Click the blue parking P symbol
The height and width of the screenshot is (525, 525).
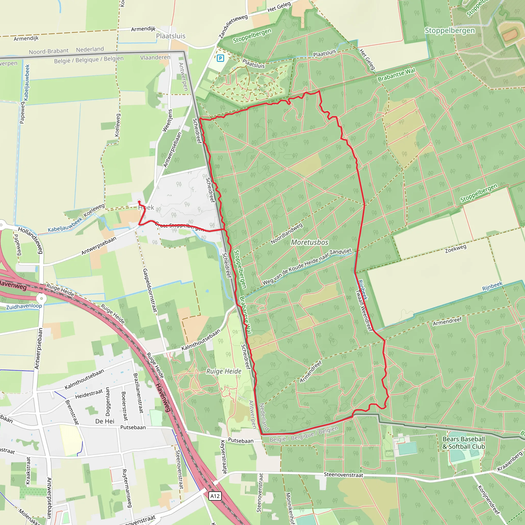pos(220,58)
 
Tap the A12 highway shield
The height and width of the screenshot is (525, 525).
pos(215,496)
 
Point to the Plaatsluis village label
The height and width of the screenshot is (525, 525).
pos(171,36)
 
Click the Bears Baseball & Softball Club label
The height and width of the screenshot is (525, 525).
pos(463,443)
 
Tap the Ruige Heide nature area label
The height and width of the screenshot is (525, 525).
pos(224,371)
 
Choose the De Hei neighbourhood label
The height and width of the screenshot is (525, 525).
pos(105,421)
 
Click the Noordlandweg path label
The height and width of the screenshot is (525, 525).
pos(286,234)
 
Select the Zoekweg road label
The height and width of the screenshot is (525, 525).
pos(456,248)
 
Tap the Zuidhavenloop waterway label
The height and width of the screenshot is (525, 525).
pos(24,306)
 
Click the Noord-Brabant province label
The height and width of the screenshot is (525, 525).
pos(49,51)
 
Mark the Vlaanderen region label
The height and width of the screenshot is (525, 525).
pos(155,57)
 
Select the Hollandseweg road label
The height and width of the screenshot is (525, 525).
pos(31,240)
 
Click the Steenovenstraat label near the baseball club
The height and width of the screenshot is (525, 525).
pos(344,475)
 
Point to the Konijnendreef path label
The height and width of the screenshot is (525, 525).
pos(489,500)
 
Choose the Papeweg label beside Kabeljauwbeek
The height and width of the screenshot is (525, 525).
pos(22,113)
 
